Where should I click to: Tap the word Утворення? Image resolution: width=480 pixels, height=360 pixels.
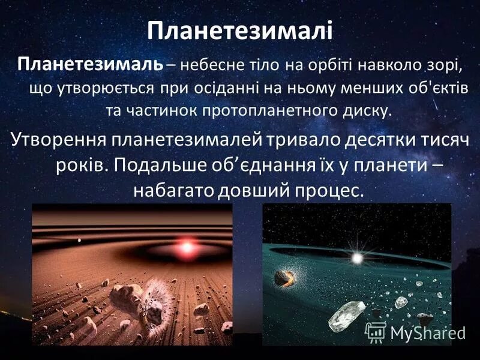coord(59,139)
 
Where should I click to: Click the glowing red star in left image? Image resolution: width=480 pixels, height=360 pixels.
coord(187,247)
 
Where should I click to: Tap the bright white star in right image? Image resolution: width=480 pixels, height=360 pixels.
coord(358,259)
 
